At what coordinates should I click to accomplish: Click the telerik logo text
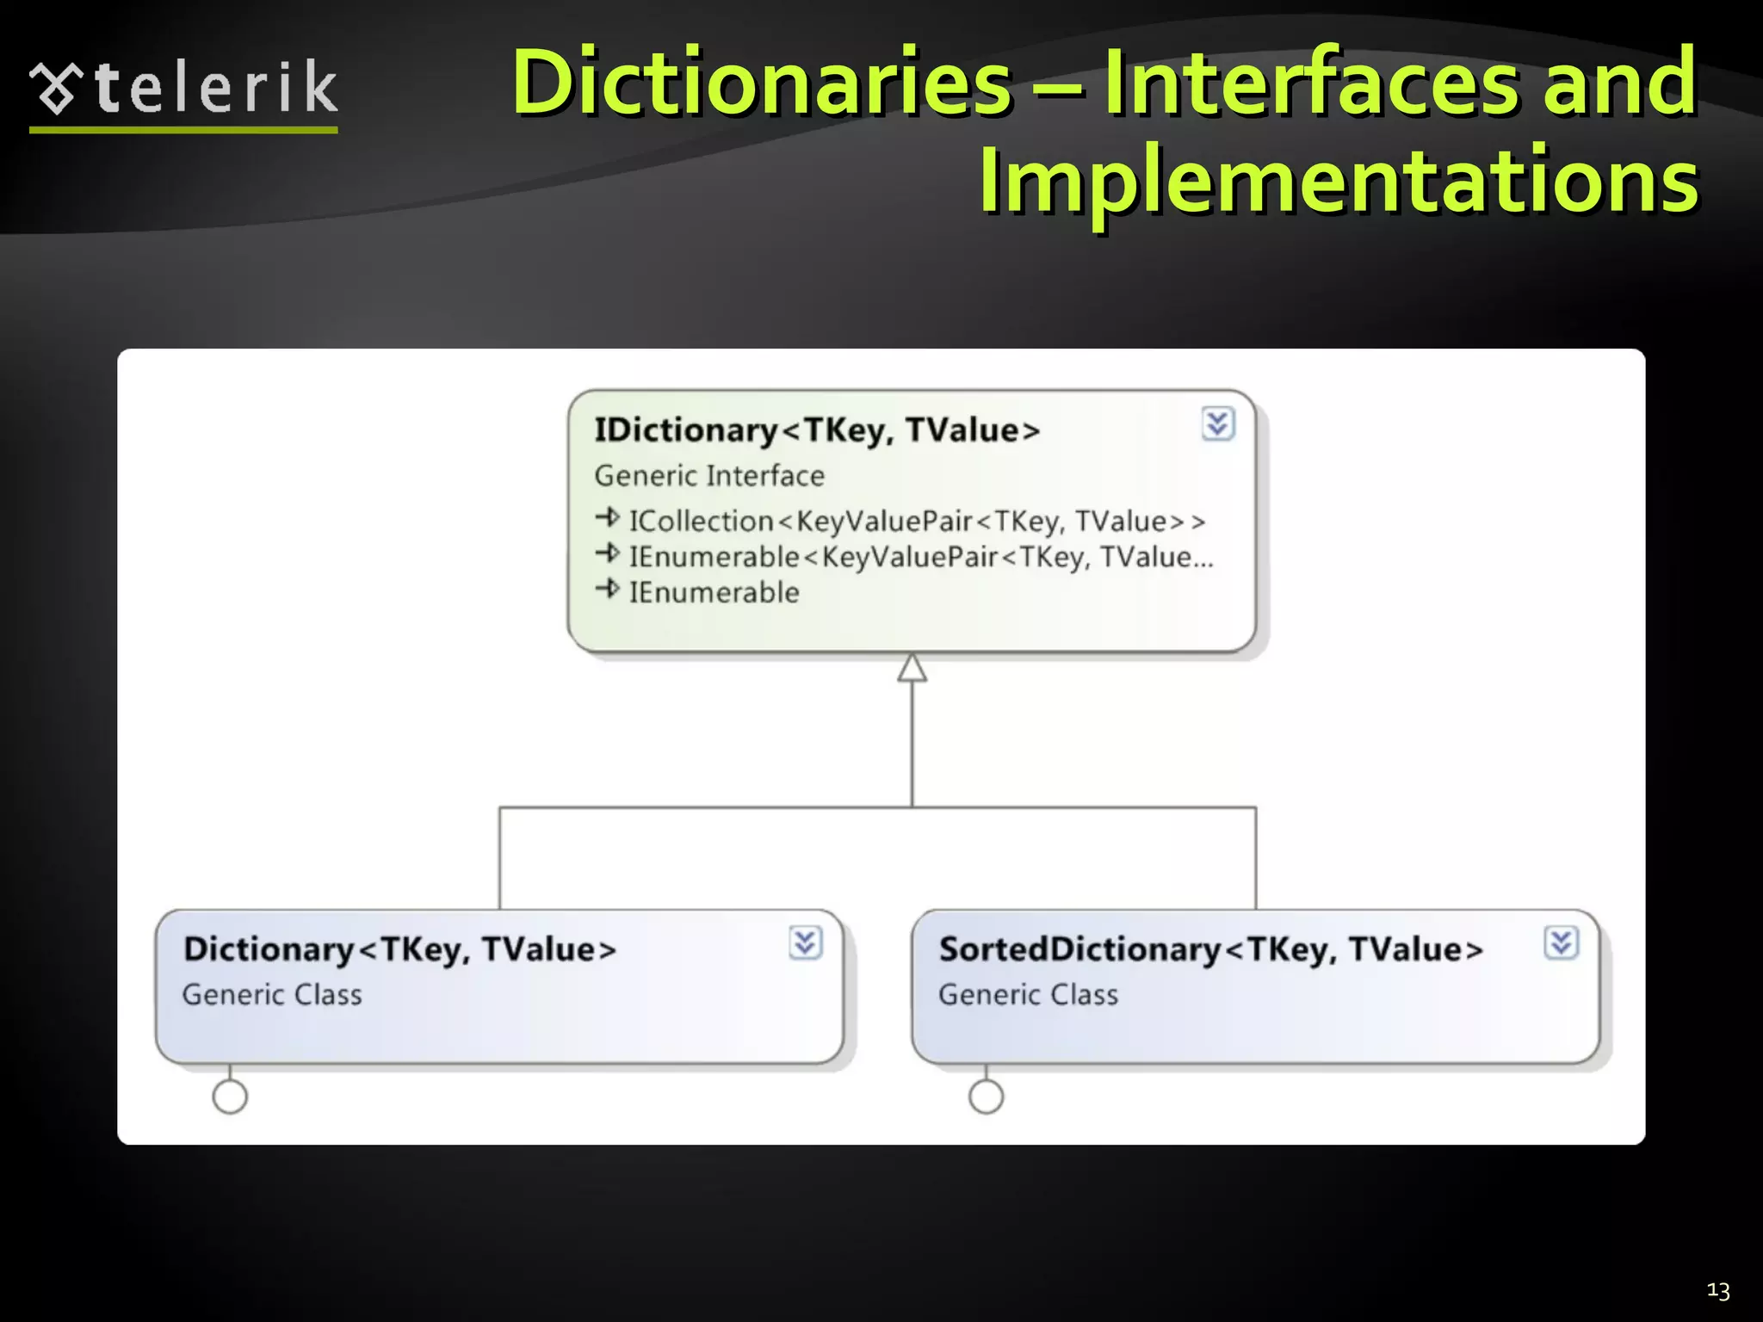215,88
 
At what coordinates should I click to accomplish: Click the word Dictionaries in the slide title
762,83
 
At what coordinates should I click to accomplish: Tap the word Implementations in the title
1339,181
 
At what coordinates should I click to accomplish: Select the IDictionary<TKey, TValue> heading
817,429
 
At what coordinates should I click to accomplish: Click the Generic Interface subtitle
709,476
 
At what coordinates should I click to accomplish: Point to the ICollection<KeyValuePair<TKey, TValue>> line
917,521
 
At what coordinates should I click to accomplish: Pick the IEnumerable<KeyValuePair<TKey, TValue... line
921,557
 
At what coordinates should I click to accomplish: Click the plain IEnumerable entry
714,592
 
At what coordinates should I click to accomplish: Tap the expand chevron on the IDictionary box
1217,423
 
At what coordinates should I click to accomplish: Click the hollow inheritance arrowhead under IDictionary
912,669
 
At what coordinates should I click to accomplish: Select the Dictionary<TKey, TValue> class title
400,948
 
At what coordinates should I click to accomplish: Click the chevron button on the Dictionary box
806,943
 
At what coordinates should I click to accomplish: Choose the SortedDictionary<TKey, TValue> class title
1211,948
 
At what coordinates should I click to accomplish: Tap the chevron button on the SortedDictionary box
1561,943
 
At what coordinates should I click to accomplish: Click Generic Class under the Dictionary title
272,995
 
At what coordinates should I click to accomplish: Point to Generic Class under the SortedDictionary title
1028,995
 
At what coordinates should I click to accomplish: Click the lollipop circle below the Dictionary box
230,1097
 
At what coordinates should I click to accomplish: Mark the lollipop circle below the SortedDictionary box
986,1097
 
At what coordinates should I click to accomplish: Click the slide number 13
1717,1290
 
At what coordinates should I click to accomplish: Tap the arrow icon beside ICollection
608,518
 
